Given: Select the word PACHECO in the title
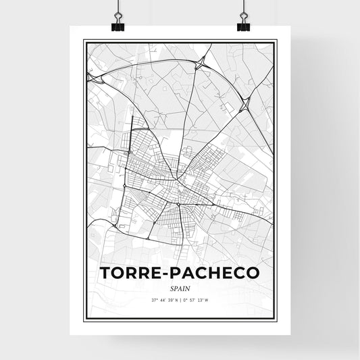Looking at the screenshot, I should [x=218, y=272].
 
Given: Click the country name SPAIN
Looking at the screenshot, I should [x=179, y=286].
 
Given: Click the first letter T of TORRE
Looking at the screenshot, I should [x=105, y=272].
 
